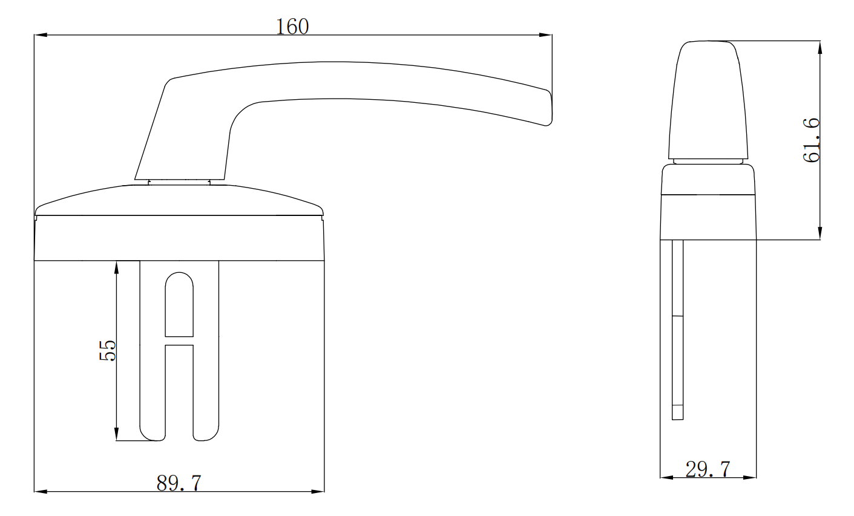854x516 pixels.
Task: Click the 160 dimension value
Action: [x=292, y=27]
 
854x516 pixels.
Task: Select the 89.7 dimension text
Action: [x=179, y=482]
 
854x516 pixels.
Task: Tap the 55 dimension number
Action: [x=107, y=350]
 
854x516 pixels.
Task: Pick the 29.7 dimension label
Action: [x=708, y=469]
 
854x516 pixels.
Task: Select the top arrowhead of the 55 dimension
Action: [x=116, y=267]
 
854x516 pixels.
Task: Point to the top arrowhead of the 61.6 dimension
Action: [x=820, y=47]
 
